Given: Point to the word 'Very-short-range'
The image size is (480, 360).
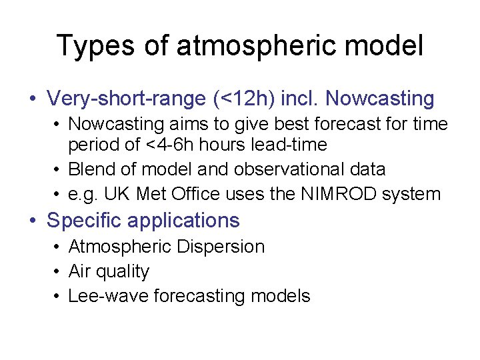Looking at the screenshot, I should (x=125, y=99).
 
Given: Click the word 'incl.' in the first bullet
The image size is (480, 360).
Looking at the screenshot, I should (x=300, y=99).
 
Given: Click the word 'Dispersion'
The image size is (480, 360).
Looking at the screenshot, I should (x=221, y=247).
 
